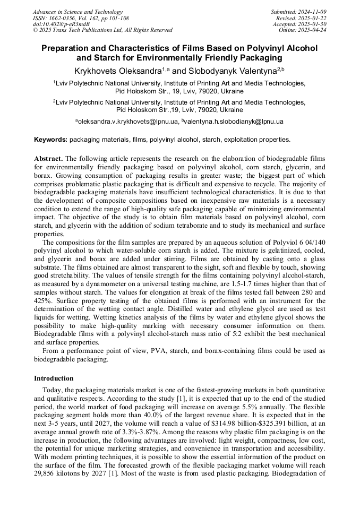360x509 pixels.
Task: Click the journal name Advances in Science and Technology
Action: coord(78,12)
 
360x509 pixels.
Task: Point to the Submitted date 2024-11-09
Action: coord(313,12)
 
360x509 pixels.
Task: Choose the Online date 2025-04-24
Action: coord(313,30)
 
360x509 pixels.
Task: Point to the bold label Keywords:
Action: coord(51,140)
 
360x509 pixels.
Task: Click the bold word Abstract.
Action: coord(48,159)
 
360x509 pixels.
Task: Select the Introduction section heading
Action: coord(54,378)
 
